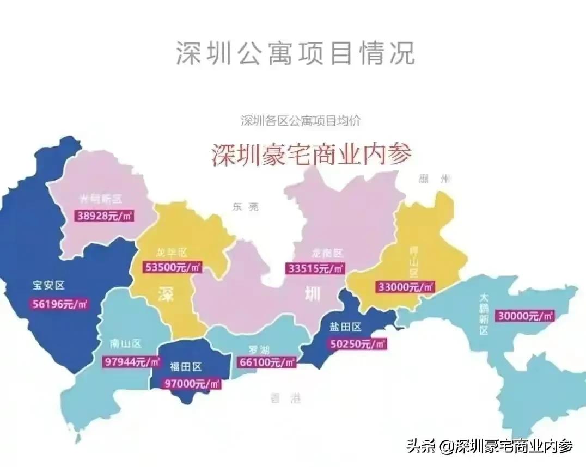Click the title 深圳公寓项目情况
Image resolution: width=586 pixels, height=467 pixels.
pyautogui.click(x=295, y=53)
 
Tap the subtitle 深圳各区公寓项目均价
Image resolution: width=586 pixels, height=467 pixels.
pyautogui.click(x=300, y=120)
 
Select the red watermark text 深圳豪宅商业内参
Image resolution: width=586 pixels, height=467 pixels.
pyautogui.click(x=311, y=154)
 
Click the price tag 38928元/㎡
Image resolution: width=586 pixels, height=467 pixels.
pyautogui.click(x=105, y=216)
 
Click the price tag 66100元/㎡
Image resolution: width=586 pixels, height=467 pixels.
pyautogui.click(x=267, y=362)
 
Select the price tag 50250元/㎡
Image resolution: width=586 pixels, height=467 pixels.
pyautogui.click(x=358, y=344)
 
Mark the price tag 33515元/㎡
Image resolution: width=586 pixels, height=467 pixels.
pyautogui.click(x=315, y=268)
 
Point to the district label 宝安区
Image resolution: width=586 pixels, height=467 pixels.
pyautogui.click(x=48, y=285)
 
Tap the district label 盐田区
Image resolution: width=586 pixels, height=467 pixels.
pyautogui.click(x=345, y=327)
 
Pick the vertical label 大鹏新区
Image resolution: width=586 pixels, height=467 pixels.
pyautogui.click(x=484, y=314)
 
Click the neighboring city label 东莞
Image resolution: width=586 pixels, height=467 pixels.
pyautogui.click(x=245, y=207)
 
